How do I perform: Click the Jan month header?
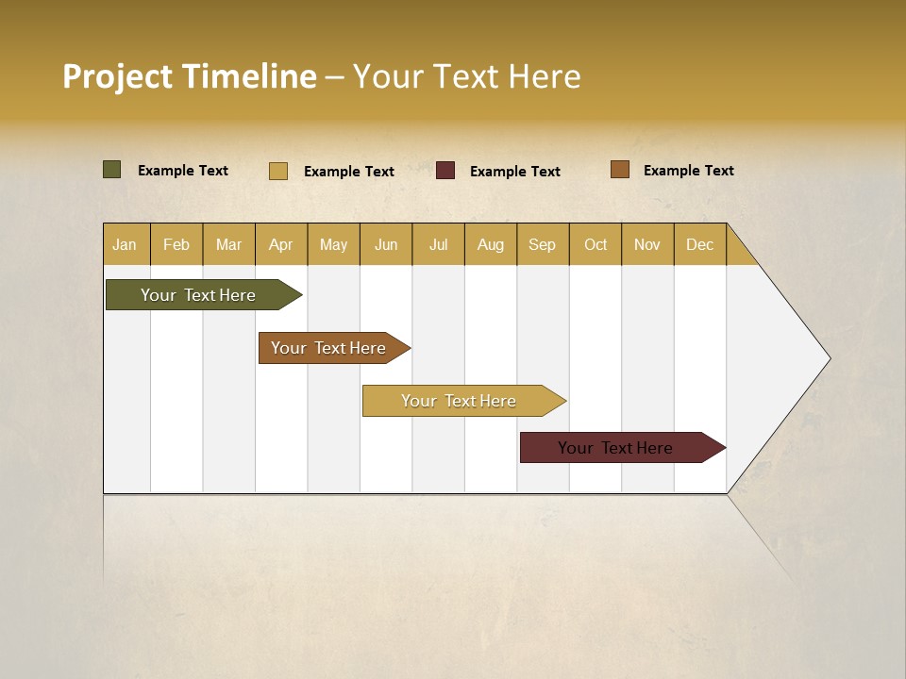(x=126, y=244)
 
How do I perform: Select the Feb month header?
(x=176, y=244)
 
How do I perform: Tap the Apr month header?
(x=281, y=244)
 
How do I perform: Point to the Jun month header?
(x=386, y=244)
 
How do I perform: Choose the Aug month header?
(x=491, y=244)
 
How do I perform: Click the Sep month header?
(x=543, y=244)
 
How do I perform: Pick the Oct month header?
(x=596, y=244)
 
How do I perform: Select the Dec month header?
(x=700, y=244)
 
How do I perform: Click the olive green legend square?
(x=112, y=170)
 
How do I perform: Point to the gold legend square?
(x=278, y=171)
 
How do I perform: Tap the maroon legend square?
(x=445, y=171)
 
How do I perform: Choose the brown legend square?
(x=620, y=170)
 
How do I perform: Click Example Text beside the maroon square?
(x=515, y=172)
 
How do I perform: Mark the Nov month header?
(x=647, y=244)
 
